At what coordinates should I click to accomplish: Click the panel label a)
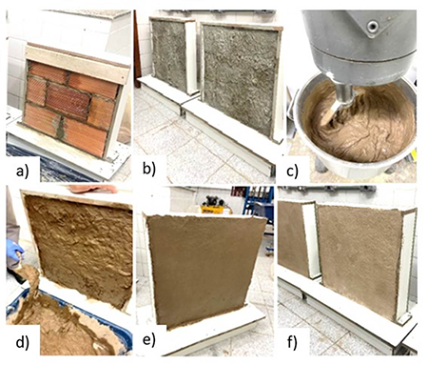coord(22,172)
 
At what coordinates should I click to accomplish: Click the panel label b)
coord(148,169)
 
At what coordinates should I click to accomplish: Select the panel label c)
coord(292,172)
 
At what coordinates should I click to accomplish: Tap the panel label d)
coord(22,343)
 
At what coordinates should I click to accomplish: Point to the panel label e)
coord(149,340)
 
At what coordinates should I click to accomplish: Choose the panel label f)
coord(292,343)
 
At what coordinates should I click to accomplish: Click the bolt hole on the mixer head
coord(373,26)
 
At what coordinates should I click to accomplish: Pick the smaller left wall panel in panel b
coord(168,54)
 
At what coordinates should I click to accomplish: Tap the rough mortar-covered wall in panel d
coord(79,248)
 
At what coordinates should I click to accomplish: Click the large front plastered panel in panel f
coord(359,260)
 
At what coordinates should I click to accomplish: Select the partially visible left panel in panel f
coord(292,238)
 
